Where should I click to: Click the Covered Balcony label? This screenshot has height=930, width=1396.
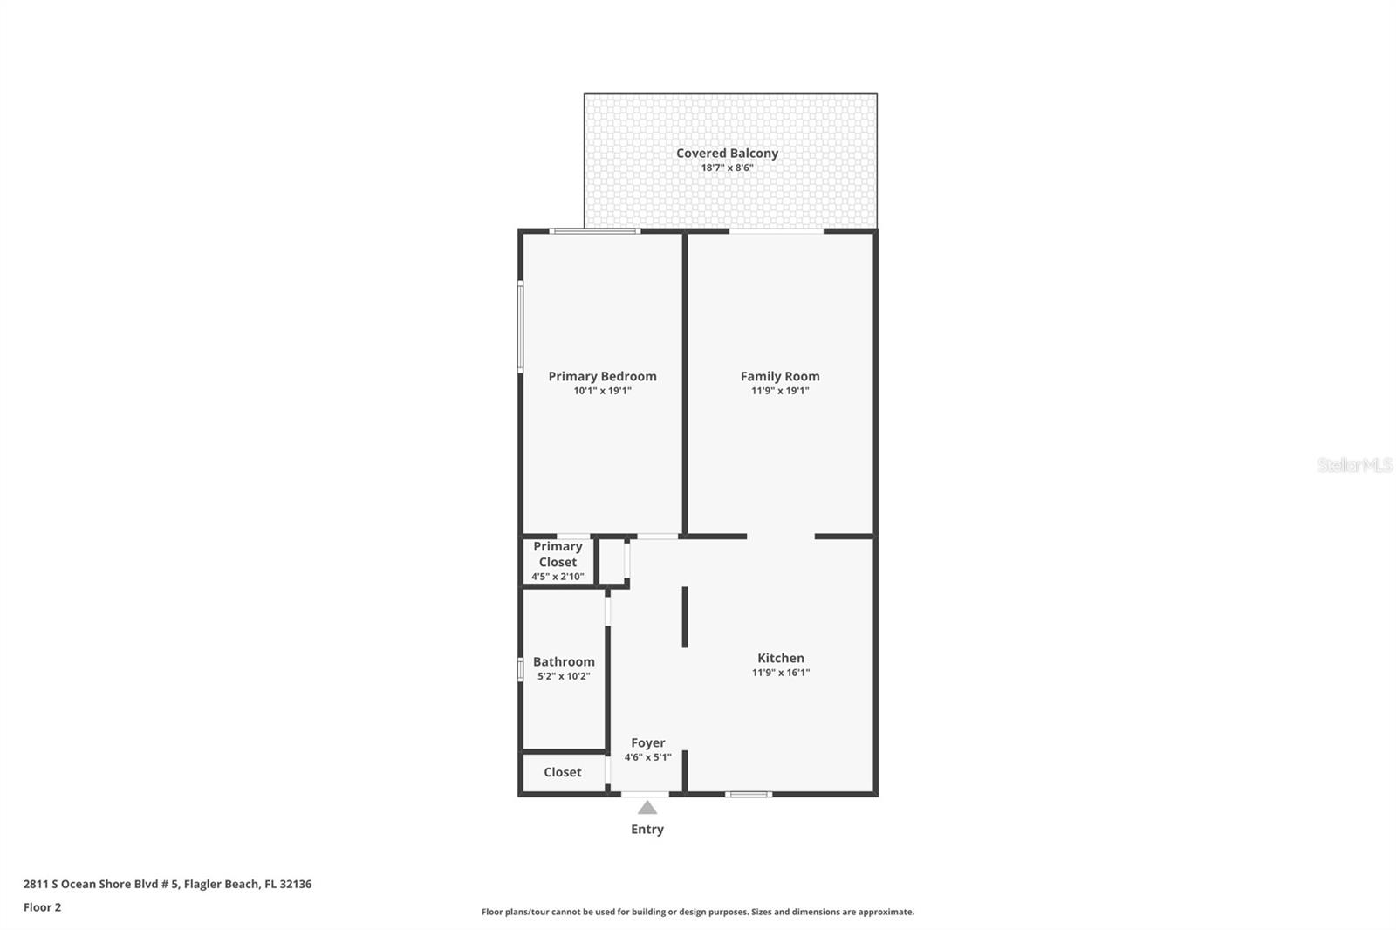pyautogui.click(x=727, y=153)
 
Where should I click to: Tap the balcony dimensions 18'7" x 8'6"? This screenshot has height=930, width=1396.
pyautogui.click(x=727, y=168)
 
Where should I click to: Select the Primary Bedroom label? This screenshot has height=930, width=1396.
pyautogui.click(x=602, y=376)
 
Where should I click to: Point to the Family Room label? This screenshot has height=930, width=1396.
pyautogui.click(x=780, y=376)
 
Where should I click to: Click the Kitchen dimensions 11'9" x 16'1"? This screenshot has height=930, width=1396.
pyautogui.click(x=781, y=673)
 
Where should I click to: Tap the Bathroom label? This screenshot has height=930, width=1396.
pyautogui.click(x=564, y=661)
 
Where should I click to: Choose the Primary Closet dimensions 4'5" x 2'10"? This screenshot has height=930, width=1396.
pyautogui.click(x=558, y=577)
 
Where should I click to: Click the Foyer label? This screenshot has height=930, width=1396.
pyautogui.click(x=647, y=742)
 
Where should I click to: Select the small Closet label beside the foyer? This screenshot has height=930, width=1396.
pyautogui.click(x=562, y=772)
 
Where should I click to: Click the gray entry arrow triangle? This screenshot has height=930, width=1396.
pyautogui.click(x=647, y=808)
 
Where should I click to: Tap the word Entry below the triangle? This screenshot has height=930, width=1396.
pyautogui.click(x=647, y=829)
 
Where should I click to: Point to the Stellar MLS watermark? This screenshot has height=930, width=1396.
pyautogui.click(x=1354, y=465)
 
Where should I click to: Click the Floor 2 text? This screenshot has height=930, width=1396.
pyautogui.click(x=42, y=907)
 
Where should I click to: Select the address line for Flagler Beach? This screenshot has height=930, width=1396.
pyautogui.click(x=167, y=884)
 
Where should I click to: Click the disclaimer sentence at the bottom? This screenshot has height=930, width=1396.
pyautogui.click(x=697, y=912)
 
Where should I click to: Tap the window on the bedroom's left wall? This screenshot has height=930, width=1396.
pyautogui.click(x=521, y=326)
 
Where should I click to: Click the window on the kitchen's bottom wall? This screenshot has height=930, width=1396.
pyautogui.click(x=749, y=794)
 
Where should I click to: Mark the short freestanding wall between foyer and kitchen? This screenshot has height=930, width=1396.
pyautogui.click(x=685, y=616)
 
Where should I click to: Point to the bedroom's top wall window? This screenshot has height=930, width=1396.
pyautogui.click(x=594, y=231)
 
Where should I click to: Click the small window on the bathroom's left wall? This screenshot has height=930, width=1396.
pyautogui.click(x=521, y=669)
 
